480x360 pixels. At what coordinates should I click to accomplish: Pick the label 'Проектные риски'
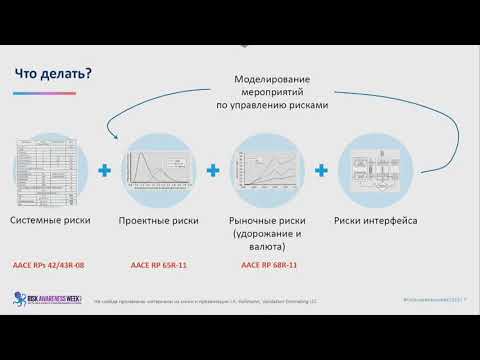(x=158, y=220)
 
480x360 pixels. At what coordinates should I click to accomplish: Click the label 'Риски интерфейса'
(x=376, y=220)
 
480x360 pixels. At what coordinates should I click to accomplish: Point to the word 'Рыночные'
(x=257, y=220)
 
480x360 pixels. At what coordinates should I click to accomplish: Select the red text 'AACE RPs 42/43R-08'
(x=48, y=266)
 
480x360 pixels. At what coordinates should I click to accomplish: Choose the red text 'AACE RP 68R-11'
(x=267, y=266)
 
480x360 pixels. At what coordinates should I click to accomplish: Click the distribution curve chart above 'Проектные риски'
(x=157, y=171)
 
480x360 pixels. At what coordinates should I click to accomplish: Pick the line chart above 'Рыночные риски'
(x=267, y=171)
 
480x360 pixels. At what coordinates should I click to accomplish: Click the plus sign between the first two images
(x=103, y=171)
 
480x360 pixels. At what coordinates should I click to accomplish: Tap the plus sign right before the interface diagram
(x=321, y=171)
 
